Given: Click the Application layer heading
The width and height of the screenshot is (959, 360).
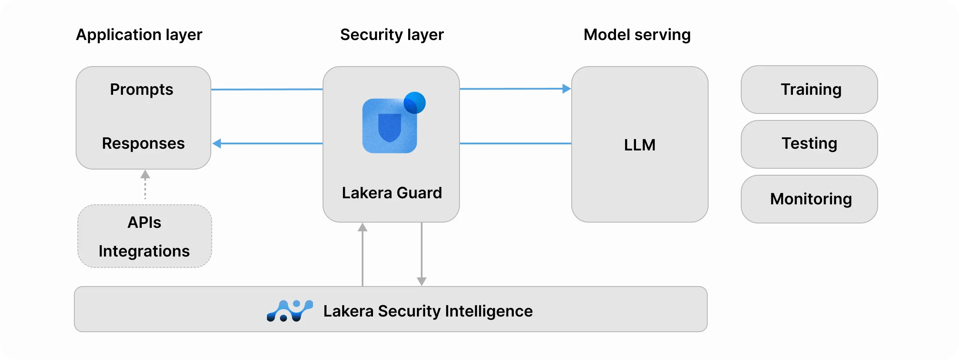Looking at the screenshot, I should (139, 35).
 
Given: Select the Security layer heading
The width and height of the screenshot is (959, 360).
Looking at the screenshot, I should (392, 35).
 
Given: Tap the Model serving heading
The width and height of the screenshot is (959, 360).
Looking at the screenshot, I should (637, 35).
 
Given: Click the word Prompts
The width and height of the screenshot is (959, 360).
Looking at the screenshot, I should (141, 90).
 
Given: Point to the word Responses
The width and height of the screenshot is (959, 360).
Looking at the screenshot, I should (143, 143).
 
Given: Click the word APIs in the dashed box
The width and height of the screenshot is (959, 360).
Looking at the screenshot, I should (144, 223).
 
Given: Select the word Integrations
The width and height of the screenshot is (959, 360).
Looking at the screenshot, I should (144, 251).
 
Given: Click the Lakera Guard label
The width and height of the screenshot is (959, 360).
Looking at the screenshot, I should (392, 193).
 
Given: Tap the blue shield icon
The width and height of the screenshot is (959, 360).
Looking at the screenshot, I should (390, 127).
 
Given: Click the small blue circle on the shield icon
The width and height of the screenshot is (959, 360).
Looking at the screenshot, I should (415, 103).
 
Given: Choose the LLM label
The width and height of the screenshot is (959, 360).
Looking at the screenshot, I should (639, 145).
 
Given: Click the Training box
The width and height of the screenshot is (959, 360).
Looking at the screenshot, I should (809, 90).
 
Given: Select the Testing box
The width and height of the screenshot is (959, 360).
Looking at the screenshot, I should (809, 144).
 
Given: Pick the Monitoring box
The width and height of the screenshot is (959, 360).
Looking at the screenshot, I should (809, 199).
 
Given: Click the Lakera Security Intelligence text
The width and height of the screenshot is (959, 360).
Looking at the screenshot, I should (428, 311).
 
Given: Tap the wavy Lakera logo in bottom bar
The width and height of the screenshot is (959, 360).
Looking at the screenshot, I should (290, 310).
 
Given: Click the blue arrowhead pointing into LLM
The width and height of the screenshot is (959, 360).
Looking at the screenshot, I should (566, 89).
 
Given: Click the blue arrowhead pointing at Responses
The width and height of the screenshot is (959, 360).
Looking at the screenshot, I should (217, 143).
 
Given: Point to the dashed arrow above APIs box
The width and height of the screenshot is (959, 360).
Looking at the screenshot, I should (145, 185).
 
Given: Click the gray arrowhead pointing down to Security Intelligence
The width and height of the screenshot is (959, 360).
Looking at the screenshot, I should (421, 281).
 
